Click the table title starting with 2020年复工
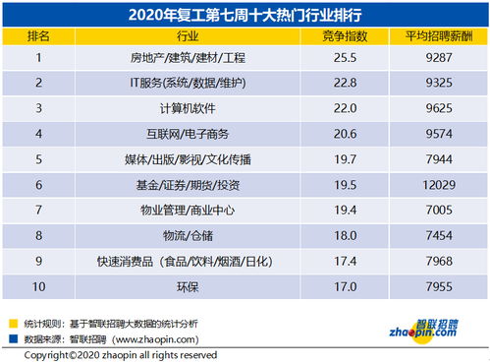pyautogui.click(x=245, y=15)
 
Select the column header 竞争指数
pyautogui.click(x=343, y=35)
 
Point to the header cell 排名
pyautogui.click(x=40, y=35)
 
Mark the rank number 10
pyautogui.click(x=40, y=286)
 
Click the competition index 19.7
pyautogui.click(x=343, y=159)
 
